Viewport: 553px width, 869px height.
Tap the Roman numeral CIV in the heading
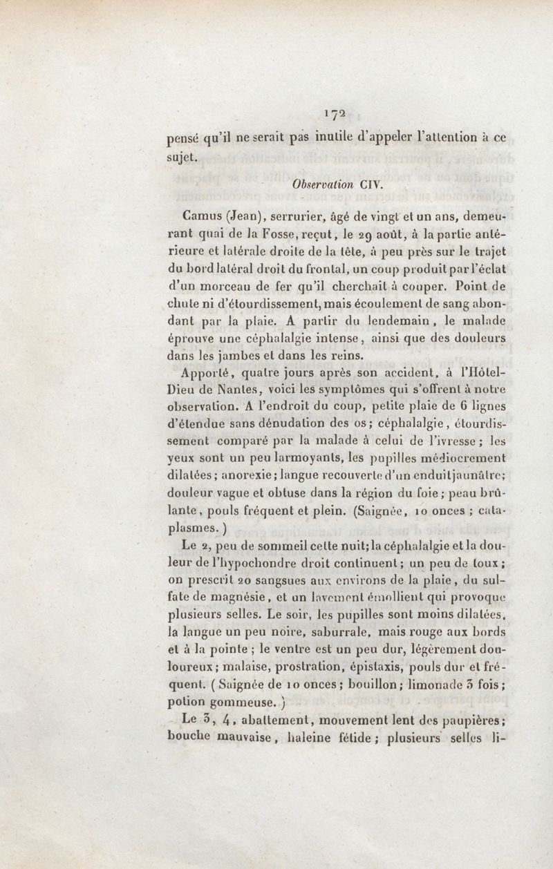click(367, 185)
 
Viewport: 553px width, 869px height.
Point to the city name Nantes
click(236, 392)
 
